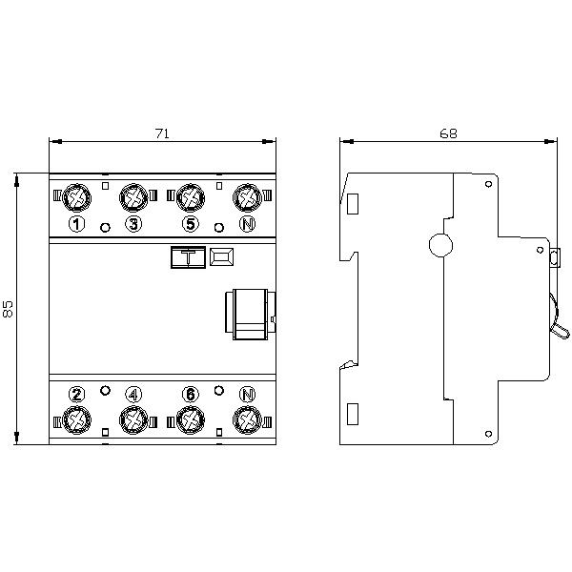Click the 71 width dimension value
pyautogui.click(x=162, y=133)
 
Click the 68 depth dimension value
pyautogui.click(x=448, y=133)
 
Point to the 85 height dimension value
pyautogui.click(x=8, y=309)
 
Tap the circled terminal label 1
pyautogui.click(x=76, y=224)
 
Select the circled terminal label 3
pyautogui.click(x=133, y=224)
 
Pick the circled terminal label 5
pyautogui.click(x=191, y=224)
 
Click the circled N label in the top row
pyautogui.click(x=247, y=224)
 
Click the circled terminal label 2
pyautogui.click(x=76, y=394)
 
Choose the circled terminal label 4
pyautogui.click(x=133, y=394)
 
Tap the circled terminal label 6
pyautogui.click(x=191, y=394)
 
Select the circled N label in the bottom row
pyautogui.click(x=247, y=394)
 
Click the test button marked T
pyautogui.click(x=188, y=257)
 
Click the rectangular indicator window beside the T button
pyautogui.click(x=221, y=256)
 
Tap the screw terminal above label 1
pyautogui.click(x=76, y=197)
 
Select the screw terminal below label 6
pyautogui.click(x=191, y=419)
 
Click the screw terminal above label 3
pyautogui.click(x=133, y=197)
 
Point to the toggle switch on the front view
pyautogui.click(x=250, y=314)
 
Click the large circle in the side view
pyautogui.click(x=440, y=245)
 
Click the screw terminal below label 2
pyautogui.click(x=76, y=419)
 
